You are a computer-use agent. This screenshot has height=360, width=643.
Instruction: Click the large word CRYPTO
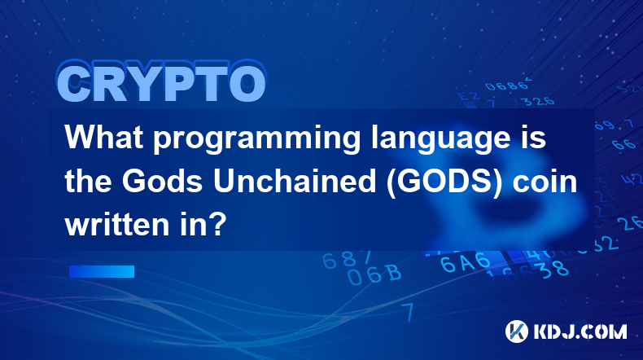[x=161, y=81]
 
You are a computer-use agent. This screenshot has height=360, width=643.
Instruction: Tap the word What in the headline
[x=104, y=137]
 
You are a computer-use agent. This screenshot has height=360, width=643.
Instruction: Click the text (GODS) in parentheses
[x=444, y=182]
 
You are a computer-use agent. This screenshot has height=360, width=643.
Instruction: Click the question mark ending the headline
[x=218, y=224]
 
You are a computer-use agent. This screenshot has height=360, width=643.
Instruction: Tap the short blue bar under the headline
[x=102, y=272]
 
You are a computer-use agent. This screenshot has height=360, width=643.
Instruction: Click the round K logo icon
[x=517, y=331]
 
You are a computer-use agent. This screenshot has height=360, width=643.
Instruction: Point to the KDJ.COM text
[x=580, y=331]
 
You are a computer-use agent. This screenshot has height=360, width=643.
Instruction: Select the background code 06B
[x=374, y=274]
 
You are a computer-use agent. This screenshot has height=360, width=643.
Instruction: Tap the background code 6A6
[x=465, y=262]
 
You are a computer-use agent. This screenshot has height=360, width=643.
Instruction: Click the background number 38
[x=553, y=269]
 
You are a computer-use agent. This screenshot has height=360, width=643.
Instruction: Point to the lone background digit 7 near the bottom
[x=407, y=313]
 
